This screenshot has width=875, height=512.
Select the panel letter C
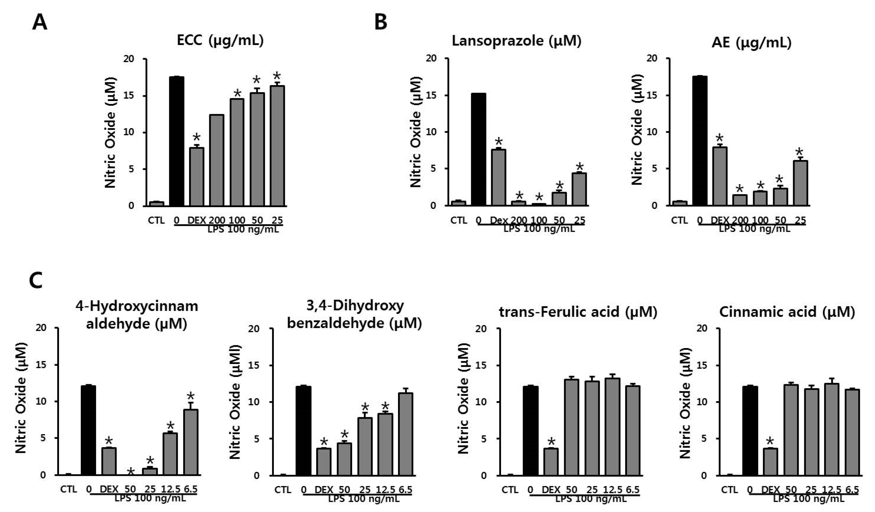36,281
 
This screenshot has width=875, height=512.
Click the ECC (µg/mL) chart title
220,41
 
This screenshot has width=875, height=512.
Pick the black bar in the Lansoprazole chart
479,149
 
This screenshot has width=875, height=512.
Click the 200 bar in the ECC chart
217,160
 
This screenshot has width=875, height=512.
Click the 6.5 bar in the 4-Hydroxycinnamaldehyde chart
191,442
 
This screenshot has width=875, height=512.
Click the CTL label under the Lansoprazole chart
459,220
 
